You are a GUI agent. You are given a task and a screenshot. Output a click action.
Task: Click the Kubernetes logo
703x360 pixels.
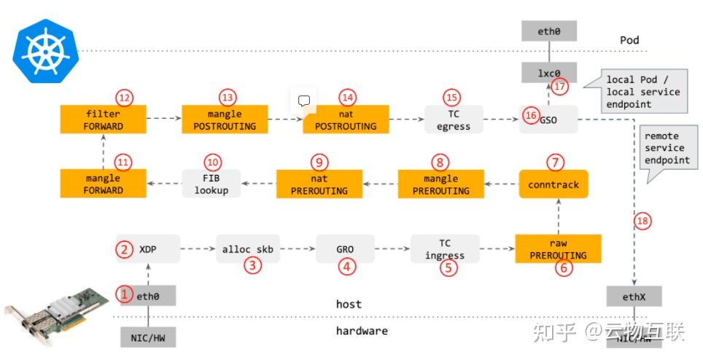[44, 50]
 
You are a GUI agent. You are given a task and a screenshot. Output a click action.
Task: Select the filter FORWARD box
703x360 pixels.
[103, 120]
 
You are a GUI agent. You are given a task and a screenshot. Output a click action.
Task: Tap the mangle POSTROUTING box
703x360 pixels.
[225, 120]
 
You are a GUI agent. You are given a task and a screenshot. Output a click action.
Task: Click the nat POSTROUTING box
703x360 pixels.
[346, 120]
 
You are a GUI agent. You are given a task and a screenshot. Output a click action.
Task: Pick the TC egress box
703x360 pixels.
[454, 120]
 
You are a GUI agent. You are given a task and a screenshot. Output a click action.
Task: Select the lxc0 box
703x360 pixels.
[548, 72]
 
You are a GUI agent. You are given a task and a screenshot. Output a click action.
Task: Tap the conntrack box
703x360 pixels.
[554, 184]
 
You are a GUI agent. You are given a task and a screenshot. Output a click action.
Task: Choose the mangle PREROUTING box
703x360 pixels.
[440, 184]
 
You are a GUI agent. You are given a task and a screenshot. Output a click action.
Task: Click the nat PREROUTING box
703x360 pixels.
[319, 184]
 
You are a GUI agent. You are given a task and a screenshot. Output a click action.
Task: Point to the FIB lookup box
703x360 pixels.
[211, 184]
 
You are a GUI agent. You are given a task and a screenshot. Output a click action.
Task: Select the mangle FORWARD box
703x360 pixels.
[103, 184]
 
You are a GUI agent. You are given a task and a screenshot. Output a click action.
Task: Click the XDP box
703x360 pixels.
[148, 249]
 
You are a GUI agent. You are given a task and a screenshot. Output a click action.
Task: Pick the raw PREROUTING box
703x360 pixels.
[558, 249]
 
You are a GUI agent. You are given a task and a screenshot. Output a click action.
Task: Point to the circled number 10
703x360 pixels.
[212, 163]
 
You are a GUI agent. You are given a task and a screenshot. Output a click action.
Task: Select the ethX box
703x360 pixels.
[635, 297]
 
